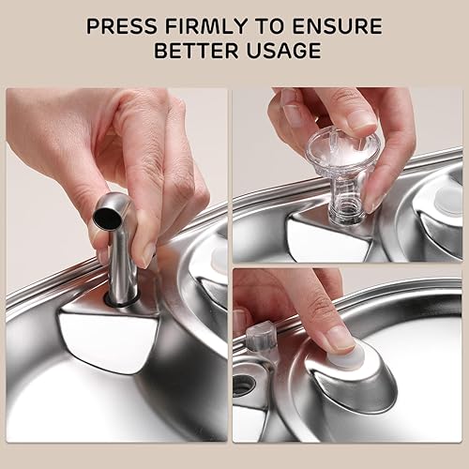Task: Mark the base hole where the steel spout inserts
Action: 120,302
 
